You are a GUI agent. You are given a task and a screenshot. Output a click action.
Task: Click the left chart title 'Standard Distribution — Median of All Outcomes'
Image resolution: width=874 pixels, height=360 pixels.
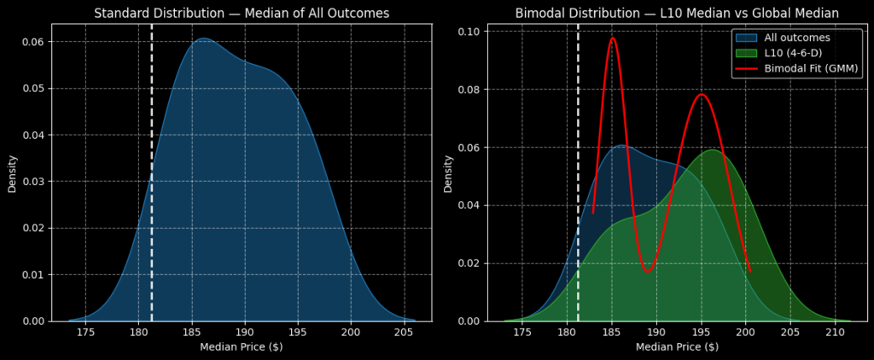point(242,13)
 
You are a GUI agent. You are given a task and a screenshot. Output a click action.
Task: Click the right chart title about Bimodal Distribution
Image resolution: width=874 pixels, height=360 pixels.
point(677,13)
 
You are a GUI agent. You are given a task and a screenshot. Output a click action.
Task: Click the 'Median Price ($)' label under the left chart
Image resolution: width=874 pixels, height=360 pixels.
point(242,347)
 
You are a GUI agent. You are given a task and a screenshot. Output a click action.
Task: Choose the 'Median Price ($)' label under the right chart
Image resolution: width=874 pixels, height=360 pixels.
point(677,347)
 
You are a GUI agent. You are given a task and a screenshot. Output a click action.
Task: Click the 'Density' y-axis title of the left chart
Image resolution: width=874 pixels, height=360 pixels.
point(13,172)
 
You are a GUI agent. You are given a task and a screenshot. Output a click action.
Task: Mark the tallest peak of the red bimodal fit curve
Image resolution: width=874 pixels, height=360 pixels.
point(612,38)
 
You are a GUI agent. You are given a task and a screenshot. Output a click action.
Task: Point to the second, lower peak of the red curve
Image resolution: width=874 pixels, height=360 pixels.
point(702,94)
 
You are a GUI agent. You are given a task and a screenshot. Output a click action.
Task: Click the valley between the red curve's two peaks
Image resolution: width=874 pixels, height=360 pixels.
point(648,272)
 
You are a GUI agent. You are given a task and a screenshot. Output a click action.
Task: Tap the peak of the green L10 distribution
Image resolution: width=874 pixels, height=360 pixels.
point(714,150)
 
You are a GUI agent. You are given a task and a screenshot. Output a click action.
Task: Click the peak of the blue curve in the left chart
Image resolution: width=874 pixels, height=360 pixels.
point(203,38)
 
